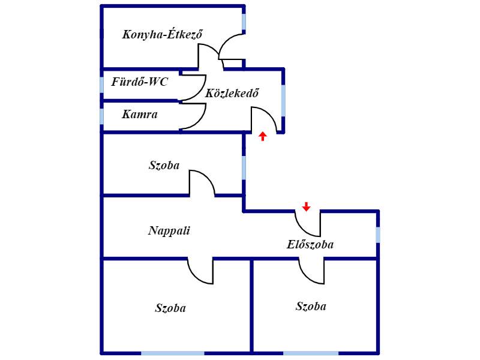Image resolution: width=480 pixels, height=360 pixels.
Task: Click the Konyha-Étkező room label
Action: point(162,34)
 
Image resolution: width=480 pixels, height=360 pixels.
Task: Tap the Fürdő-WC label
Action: point(140,82)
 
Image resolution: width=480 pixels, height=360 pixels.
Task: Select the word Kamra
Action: point(140,114)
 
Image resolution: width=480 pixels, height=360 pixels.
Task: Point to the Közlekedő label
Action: point(232,93)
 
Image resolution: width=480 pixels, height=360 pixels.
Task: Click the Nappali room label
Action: point(169,230)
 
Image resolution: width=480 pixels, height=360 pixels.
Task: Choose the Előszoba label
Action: point(310,244)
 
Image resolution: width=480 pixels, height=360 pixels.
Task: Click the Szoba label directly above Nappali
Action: point(164,166)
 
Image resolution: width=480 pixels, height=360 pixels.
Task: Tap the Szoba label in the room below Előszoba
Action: point(311,306)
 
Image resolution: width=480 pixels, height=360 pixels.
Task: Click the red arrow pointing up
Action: point(263,136)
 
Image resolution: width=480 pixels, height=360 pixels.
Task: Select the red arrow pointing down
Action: point(306,206)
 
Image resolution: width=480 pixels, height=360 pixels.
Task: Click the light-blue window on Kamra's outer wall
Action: point(101,116)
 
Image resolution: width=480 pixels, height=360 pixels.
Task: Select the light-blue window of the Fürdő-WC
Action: point(101,85)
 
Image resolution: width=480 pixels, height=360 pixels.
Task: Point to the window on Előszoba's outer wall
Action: point(378,235)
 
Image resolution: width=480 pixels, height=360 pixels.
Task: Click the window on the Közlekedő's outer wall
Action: point(283,101)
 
